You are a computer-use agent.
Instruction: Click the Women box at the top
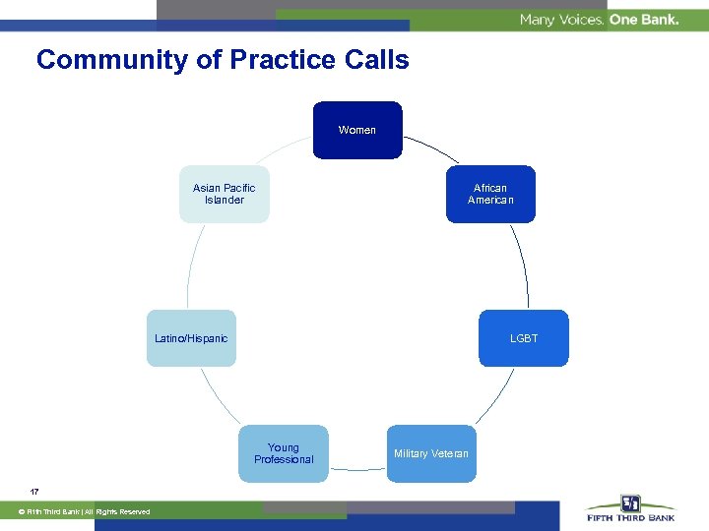tap(357, 130)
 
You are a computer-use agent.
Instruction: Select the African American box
tap(490, 194)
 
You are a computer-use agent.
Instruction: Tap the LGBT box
tap(523, 338)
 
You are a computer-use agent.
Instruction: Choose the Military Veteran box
tap(431, 453)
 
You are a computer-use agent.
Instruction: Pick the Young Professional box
tap(284, 453)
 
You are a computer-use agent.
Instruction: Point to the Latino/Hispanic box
tap(191, 338)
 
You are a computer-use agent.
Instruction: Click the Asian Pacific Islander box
tap(224, 194)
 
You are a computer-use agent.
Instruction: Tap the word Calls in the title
tap(376, 60)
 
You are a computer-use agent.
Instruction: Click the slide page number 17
tap(34, 491)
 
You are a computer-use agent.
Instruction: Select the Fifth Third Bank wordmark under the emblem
tap(630, 518)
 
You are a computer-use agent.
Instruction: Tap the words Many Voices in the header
tap(561, 20)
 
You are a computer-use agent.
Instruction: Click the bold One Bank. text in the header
tap(644, 20)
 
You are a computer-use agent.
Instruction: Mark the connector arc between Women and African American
tap(433, 147)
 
